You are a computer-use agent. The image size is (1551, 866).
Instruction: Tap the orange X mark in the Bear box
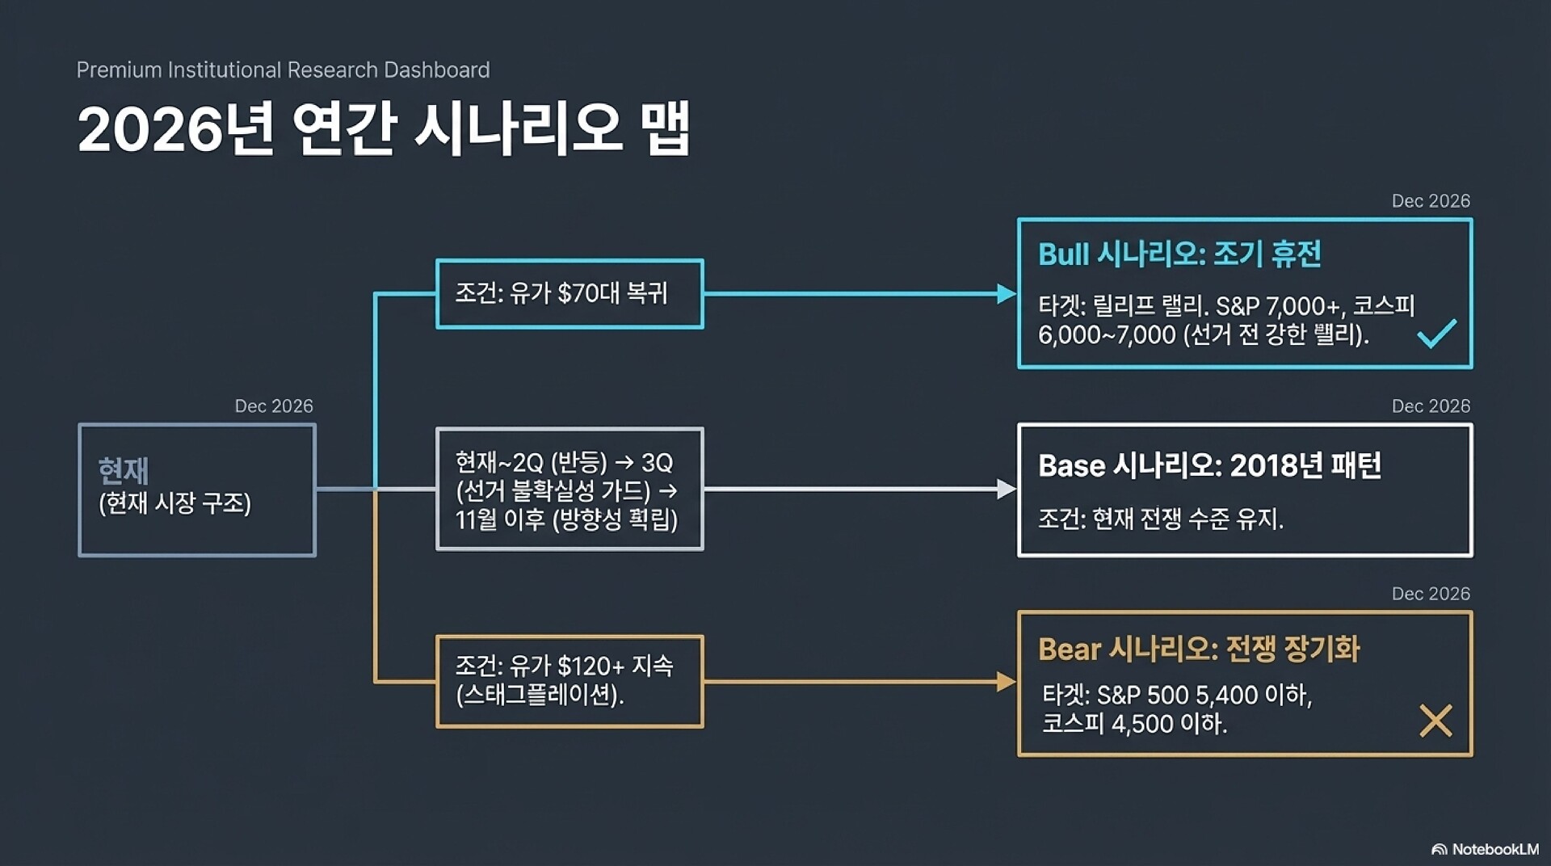pyautogui.click(x=1435, y=721)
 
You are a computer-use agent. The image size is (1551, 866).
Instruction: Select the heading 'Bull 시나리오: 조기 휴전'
pyautogui.click(x=1179, y=254)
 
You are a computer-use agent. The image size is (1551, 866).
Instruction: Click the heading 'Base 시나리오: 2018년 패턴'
pyautogui.click(x=1209, y=465)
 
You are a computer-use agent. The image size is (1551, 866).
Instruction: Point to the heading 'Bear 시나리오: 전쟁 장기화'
pyautogui.click(x=1199, y=649)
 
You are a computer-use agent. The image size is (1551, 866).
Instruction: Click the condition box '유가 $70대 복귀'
pyautogui.click(x=569, y=293)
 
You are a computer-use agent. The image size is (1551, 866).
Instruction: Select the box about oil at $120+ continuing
pyautogui.click(x=569, y=681)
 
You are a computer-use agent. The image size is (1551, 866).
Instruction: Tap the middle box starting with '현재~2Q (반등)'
pyautogui.click(x=569, y=490)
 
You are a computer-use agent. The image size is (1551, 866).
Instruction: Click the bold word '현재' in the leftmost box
pyautogui.click(x=124, y=469)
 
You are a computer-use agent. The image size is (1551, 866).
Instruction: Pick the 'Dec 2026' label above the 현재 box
pyautogui.click(x=273, y=406)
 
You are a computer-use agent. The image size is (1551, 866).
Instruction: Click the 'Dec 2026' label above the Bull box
pyautogui.click(x=1430, y=201)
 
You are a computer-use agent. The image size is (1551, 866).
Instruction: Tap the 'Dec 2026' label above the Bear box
pyautogui.click(x=1430, y=594)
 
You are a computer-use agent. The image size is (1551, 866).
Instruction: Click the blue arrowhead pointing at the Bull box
pyautogui.click(x=1006, y=294)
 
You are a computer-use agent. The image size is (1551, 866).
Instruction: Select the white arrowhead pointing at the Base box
pyautogui.click(x=1006, y=489)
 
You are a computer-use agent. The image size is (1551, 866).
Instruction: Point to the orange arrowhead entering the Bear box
pyautogui.click(x=1006, y=682)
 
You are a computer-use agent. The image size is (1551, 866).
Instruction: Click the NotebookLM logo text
pyautogui.click(x=1494, y=849)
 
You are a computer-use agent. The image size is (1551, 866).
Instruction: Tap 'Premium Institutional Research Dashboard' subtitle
pyautogui.click(x=283, y=70)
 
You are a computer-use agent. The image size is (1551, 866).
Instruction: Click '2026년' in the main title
pyautogui.click(x=174, y=129)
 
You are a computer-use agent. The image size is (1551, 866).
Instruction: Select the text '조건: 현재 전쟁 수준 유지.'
pyautogui.click(x=1160, y=518)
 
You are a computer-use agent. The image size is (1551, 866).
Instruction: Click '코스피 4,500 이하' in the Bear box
pyautogui.click(x=1133, y=723)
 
